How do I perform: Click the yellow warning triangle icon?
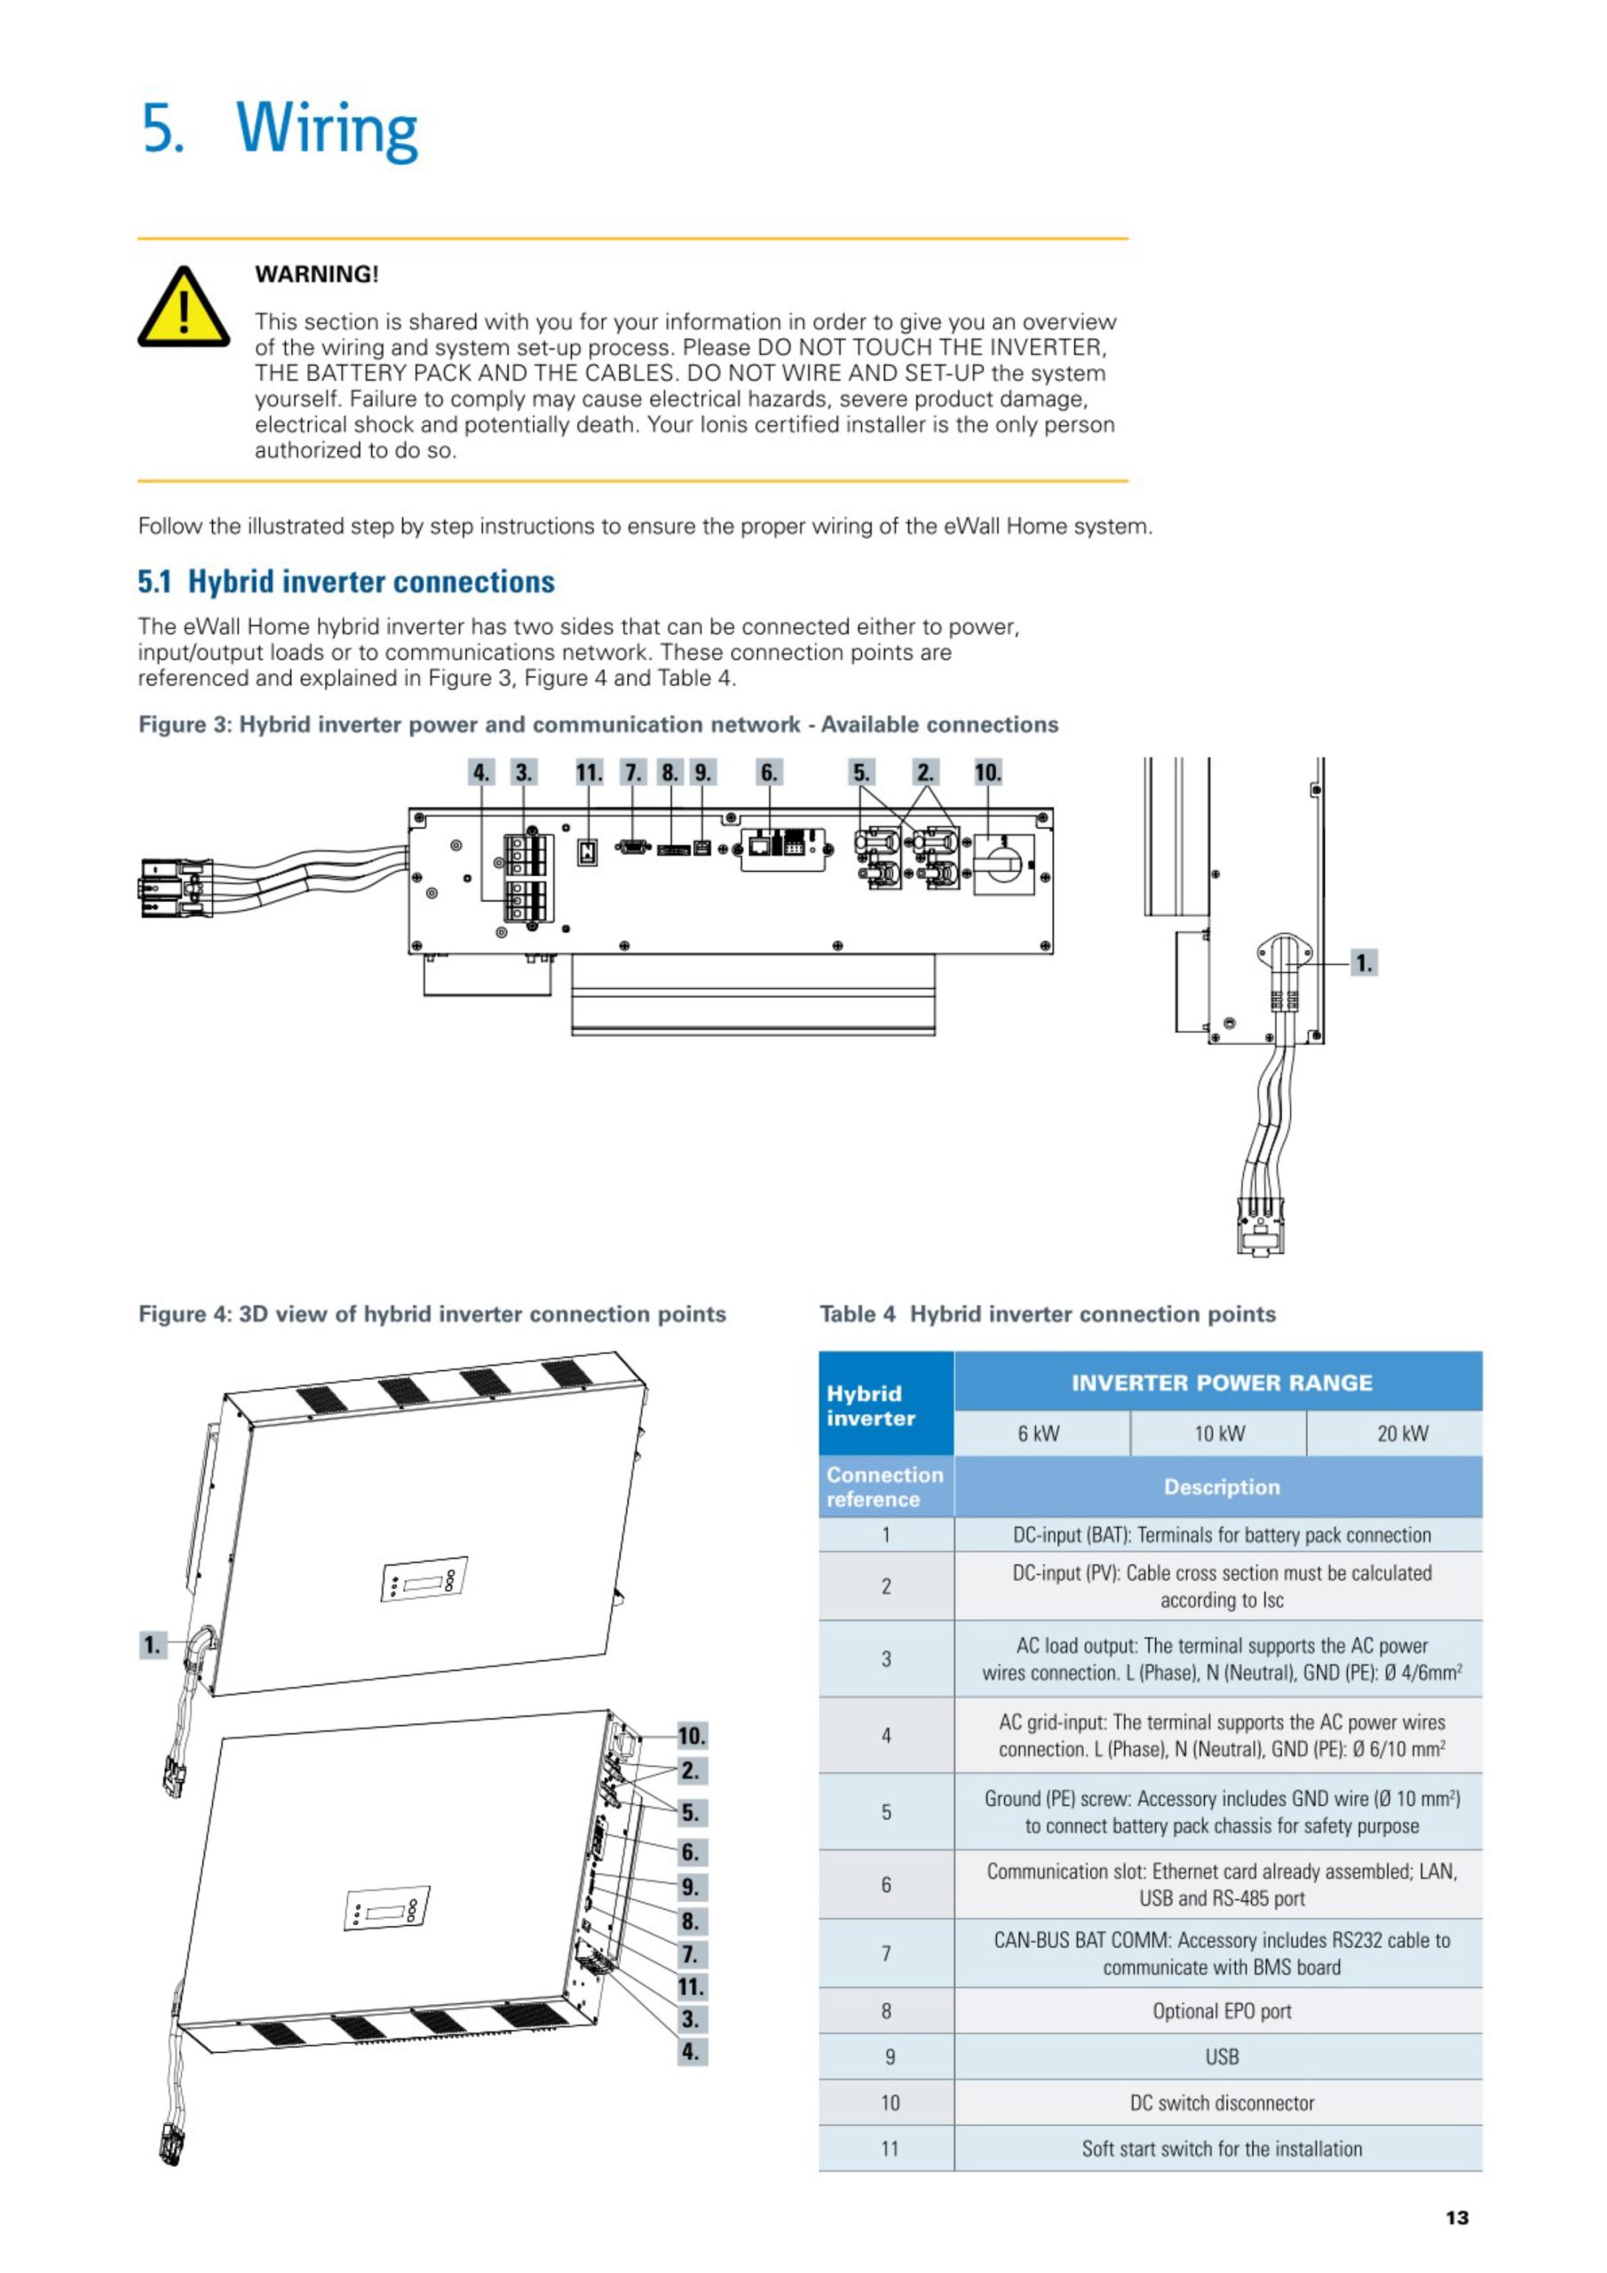click(183, 309)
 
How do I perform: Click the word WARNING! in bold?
click(317, 274)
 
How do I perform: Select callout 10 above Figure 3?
click(987, 772)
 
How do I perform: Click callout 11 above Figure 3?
click(590, 772)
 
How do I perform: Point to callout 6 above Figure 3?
click(768, 772)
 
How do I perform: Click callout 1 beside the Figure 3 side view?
click(1364, 962)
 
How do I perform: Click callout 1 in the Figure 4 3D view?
click(152, 1644)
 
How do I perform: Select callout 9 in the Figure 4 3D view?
click(691, 1886)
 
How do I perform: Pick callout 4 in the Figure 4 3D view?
click(691, 2051)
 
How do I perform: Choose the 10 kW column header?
click(1218, 1433)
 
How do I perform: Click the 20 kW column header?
click(1402, 1433)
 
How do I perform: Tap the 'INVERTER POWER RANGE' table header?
click(1221, 1383)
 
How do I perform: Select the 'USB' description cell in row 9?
click(1221, 2057)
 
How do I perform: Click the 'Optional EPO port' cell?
click(1221, 2011)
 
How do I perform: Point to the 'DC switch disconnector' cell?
click(1221, 2103)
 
